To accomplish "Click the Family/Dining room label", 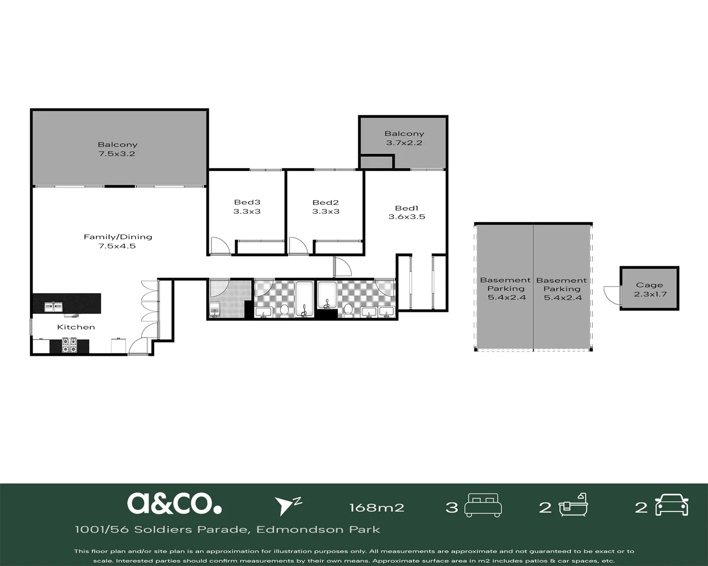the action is (118, 237).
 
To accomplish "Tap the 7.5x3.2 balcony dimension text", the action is (117, 154).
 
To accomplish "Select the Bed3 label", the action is (247, 202).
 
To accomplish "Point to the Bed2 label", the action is (325, 202).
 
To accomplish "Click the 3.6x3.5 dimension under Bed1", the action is (406, 217).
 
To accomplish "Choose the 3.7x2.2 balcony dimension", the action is (404, 143).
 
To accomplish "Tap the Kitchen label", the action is (76, 327).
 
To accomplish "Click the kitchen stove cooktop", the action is (69, 345).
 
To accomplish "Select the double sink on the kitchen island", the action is (53, 307).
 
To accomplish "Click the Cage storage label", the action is (649, 285).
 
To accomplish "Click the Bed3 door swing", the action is (220, 246).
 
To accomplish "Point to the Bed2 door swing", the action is (299, 246).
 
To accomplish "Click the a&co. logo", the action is (174, 504).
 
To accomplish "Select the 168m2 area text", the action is (377, 508).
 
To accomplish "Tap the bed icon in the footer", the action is (483, 505).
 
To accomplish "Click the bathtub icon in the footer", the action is (573, 505).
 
